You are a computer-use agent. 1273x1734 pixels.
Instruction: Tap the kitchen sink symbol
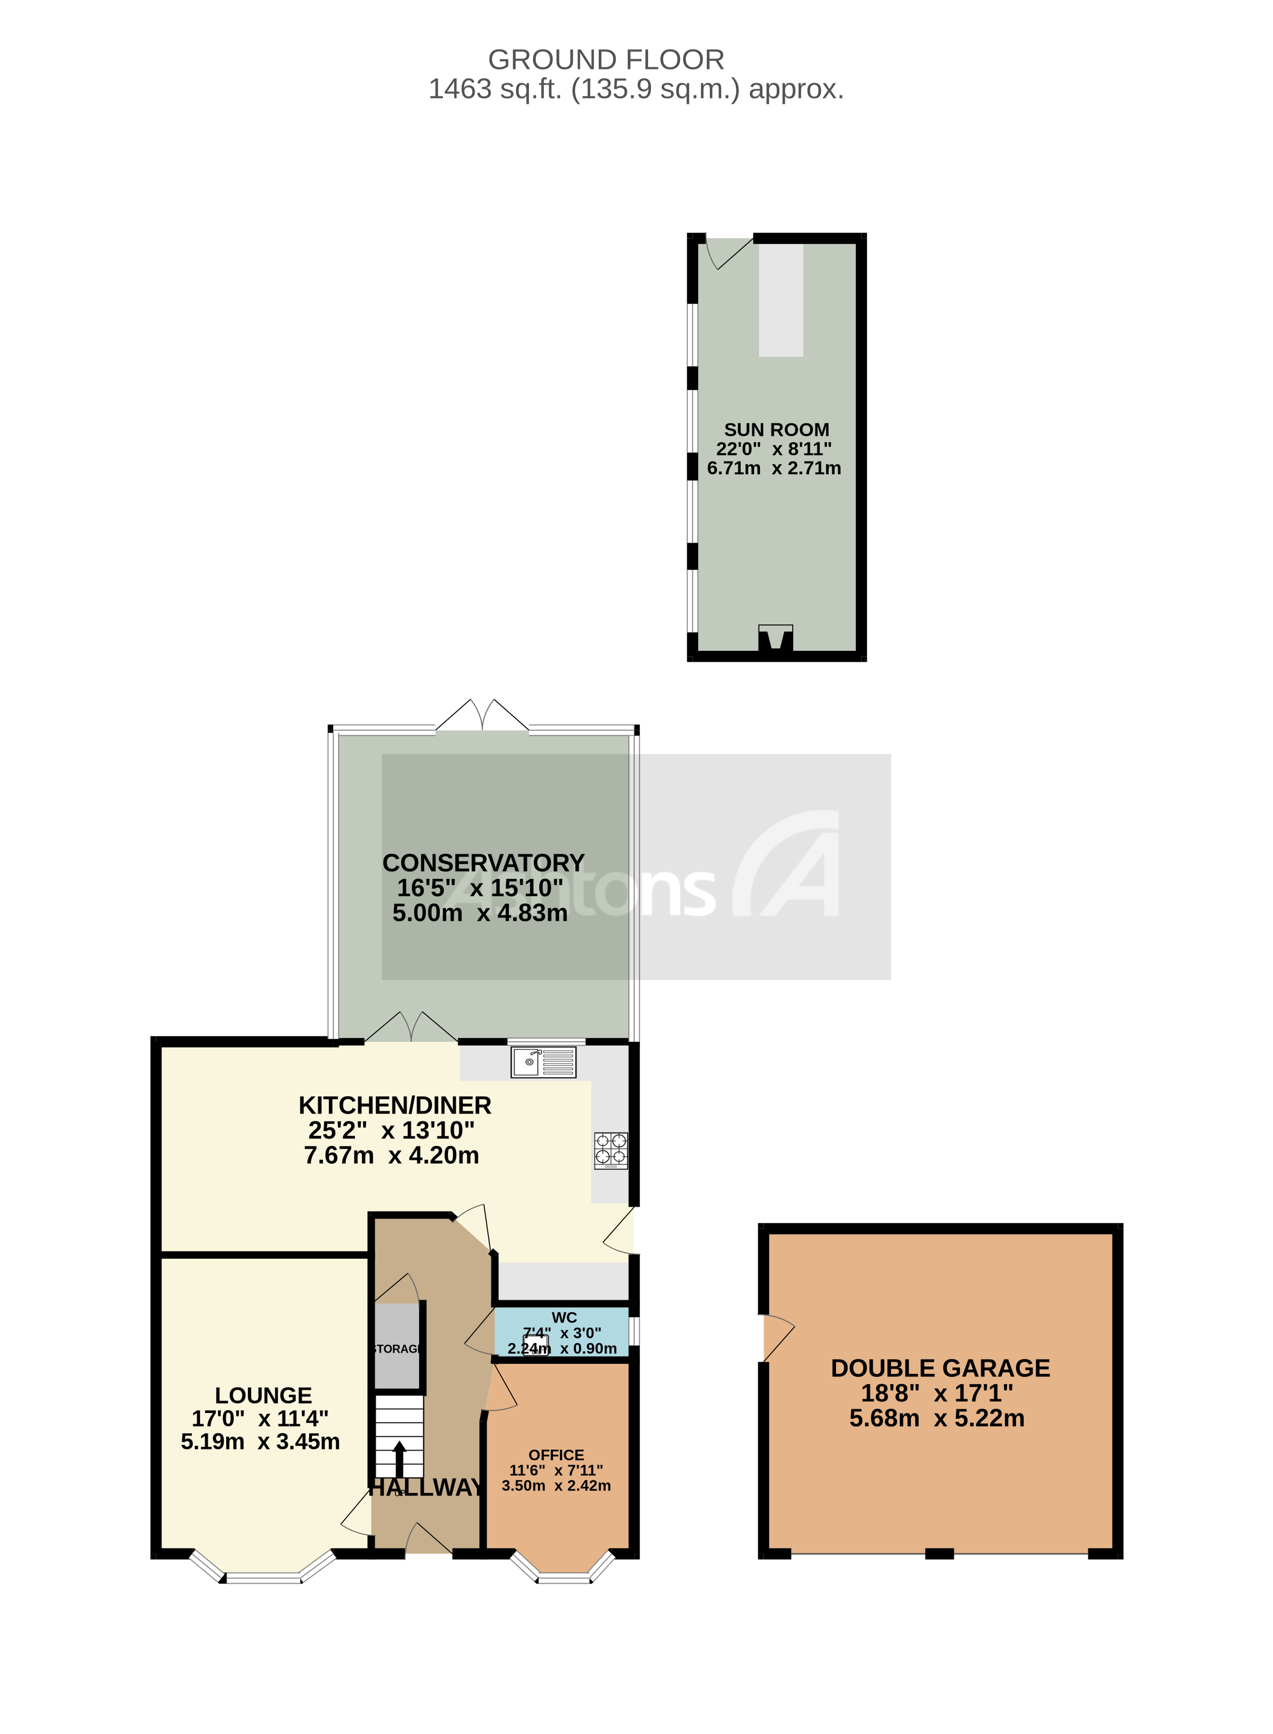pos(543,1062)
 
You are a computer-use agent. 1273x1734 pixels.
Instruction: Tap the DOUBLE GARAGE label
pos(940,1368)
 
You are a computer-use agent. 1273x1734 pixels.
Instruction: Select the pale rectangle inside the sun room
pos(781,300)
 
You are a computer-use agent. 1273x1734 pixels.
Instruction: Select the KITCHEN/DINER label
pos(394,1105)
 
